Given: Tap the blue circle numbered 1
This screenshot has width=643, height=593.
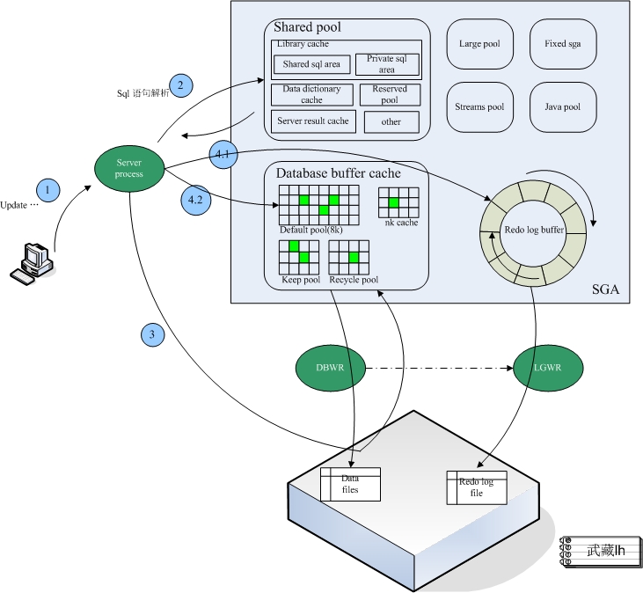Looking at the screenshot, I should [47, 189].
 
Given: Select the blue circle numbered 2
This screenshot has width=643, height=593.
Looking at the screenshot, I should [180, 85].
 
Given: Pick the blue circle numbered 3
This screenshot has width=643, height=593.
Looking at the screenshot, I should [152, 334].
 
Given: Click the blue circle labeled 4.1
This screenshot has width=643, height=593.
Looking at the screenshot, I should [223, 155].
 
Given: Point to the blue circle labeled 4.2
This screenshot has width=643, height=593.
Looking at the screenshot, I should [195, 200].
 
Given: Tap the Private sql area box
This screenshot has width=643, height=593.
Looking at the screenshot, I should [387, 64].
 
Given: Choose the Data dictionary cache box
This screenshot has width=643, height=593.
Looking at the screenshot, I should [311, 95].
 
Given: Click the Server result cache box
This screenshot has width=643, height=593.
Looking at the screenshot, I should [312, 121].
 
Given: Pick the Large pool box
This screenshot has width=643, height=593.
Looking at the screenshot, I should [480, 44].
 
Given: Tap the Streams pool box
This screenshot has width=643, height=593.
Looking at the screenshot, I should [480, 107].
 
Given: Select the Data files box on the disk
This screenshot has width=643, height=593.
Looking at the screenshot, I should [350, 484].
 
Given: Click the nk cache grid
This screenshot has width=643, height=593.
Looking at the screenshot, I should [398, 202].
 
